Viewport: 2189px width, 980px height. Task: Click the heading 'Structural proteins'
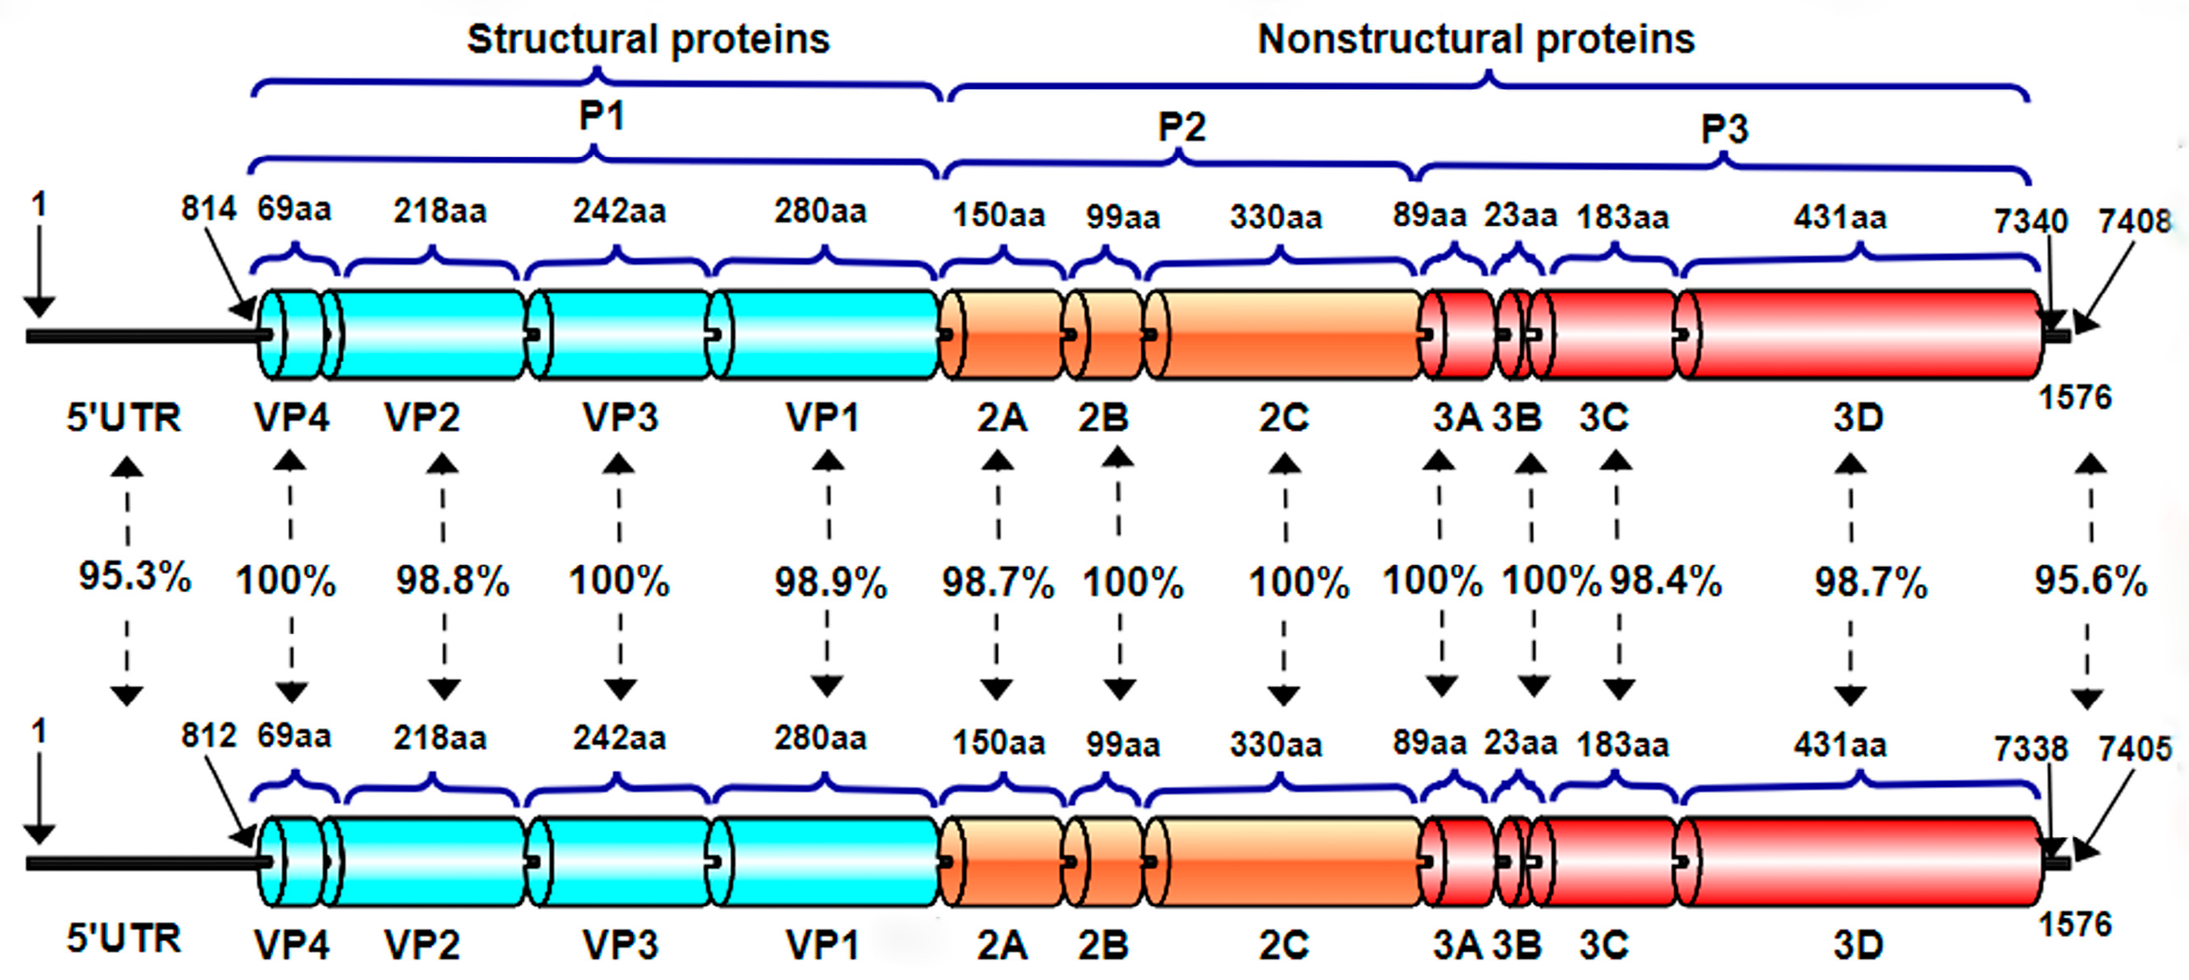click(x=648, y=39)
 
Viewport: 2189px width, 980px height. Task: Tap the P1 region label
click(x=602, y=116)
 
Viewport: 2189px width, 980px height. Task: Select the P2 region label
click(x=1181, y=128)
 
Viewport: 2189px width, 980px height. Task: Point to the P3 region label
click(x=1724, y=130)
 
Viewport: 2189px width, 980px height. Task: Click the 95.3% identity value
click(x=134, y=576)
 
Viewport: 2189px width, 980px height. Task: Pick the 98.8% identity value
click(x=452, y=582)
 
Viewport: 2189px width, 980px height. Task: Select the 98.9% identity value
click(x=830, y=583)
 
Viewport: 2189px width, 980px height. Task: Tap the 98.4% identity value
click(x=1665, y=581)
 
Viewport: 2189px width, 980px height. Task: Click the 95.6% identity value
click(x=2090, y=582)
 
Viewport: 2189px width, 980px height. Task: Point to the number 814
click(x=209, y=209)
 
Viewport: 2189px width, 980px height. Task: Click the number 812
click(x=209, y=736)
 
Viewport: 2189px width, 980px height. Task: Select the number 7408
click(x=2134, y=221)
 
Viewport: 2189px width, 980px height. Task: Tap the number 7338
click(x=2030, y=749)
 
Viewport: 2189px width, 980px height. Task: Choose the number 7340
click(x=2030, y=221)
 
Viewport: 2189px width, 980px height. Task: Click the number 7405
click(x=2134, y=749)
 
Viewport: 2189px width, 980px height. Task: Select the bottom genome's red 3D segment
click(x=1861, y=862)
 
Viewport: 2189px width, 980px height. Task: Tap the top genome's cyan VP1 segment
click(x=824, y=335)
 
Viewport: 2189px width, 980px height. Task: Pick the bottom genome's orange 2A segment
click(x=1003, y=862)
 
